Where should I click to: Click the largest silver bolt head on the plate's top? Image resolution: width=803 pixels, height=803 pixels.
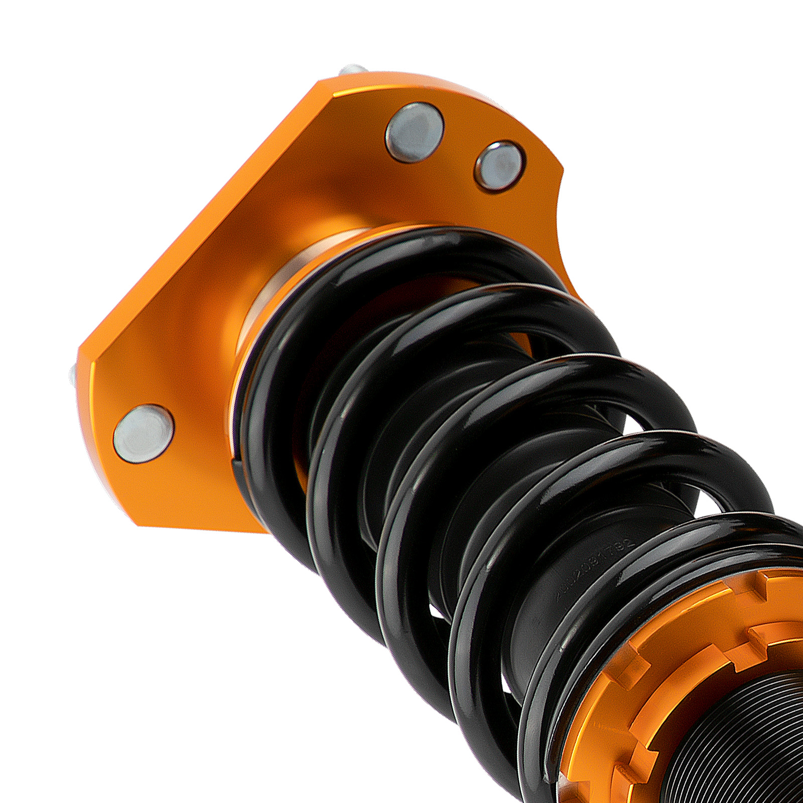tap(415, 131)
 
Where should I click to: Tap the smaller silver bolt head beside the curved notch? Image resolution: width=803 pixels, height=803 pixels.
tap(500, 165)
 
